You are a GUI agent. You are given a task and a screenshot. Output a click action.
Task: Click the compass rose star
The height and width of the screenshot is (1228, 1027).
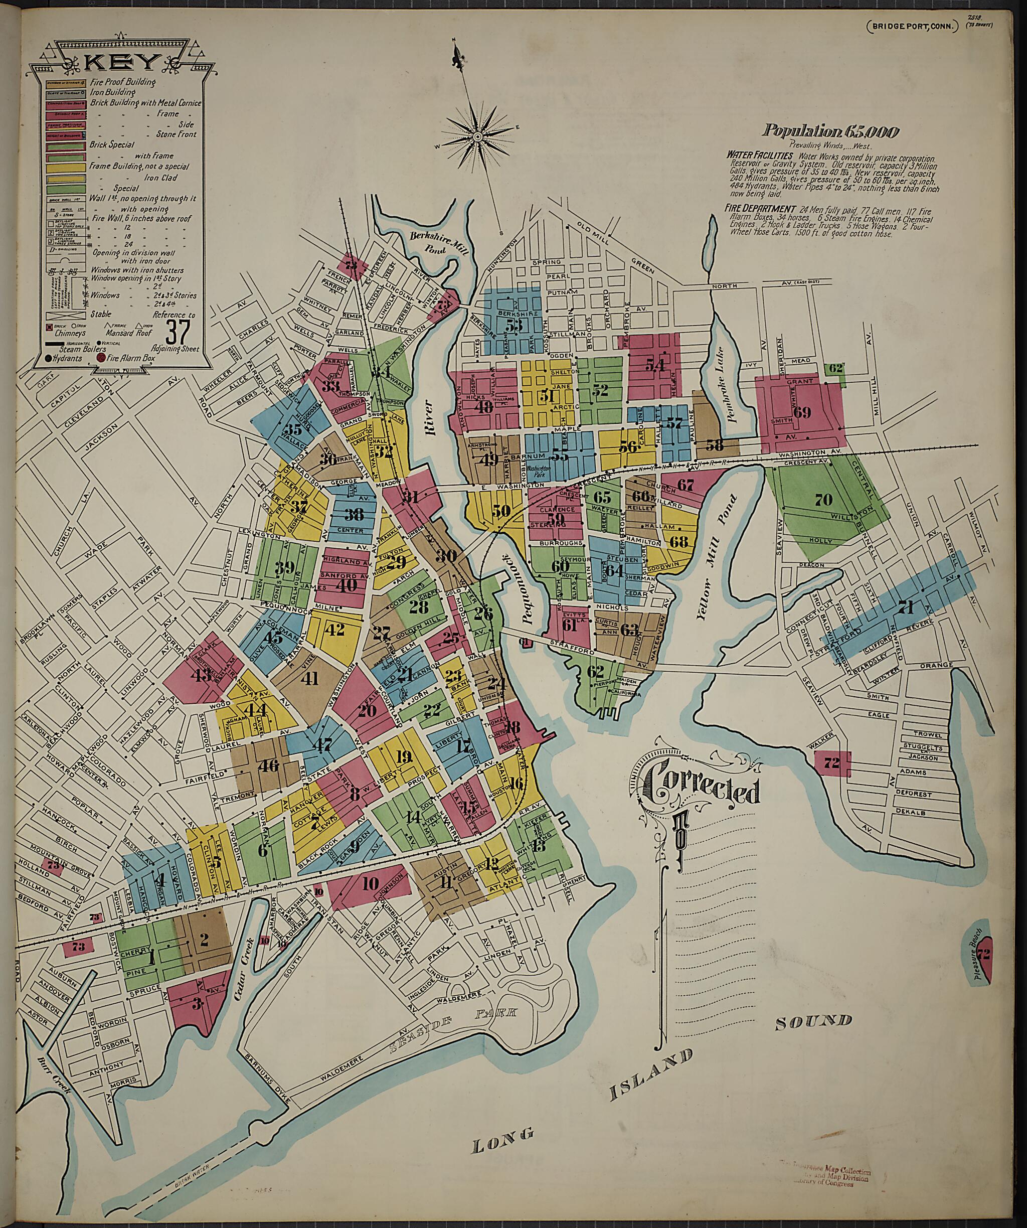coord(477,137)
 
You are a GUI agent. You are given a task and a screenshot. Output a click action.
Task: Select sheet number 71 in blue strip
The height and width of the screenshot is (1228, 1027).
coord(906,606)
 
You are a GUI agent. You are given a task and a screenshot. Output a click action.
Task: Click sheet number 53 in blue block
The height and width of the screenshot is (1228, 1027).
coord(514,325)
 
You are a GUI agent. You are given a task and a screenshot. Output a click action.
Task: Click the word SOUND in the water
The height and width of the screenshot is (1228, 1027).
coord(813,1021)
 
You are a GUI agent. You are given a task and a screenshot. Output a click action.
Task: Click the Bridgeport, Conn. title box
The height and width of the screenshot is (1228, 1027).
coord(914,26)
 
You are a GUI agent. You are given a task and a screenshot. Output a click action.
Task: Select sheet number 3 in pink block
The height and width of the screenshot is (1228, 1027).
coord(197,1004)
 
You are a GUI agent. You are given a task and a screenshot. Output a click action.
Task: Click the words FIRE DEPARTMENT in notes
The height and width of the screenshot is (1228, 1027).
coord(759,208)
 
